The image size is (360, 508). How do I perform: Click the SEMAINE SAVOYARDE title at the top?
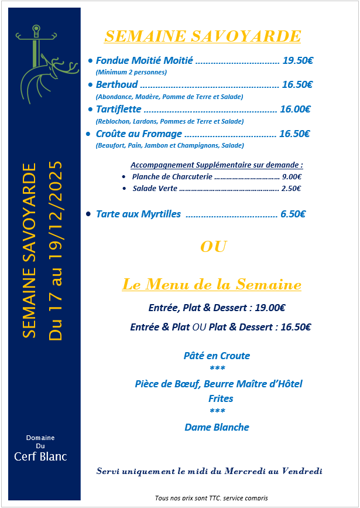(202, 36)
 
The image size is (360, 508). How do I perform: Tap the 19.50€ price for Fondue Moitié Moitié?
(297, 60)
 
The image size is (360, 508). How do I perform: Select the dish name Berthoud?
(116, 85)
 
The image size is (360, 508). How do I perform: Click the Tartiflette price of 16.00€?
(295, 109)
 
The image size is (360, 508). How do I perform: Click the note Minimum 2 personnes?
(131, 72)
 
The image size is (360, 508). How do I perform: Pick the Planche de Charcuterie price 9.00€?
(292, 176)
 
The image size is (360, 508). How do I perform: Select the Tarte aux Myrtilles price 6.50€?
(293, 214)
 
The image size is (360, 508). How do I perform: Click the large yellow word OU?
(213, 247)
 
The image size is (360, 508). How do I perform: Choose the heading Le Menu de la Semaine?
(211, 285)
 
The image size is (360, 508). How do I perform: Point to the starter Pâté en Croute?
(217, 356)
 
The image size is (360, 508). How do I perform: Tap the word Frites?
(217, 398)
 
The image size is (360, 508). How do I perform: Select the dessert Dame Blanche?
(217, 427)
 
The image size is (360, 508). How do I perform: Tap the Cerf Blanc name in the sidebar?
(40, 456)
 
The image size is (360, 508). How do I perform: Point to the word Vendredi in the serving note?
(301, 471)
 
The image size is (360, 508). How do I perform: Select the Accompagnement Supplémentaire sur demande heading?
(217, 165)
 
